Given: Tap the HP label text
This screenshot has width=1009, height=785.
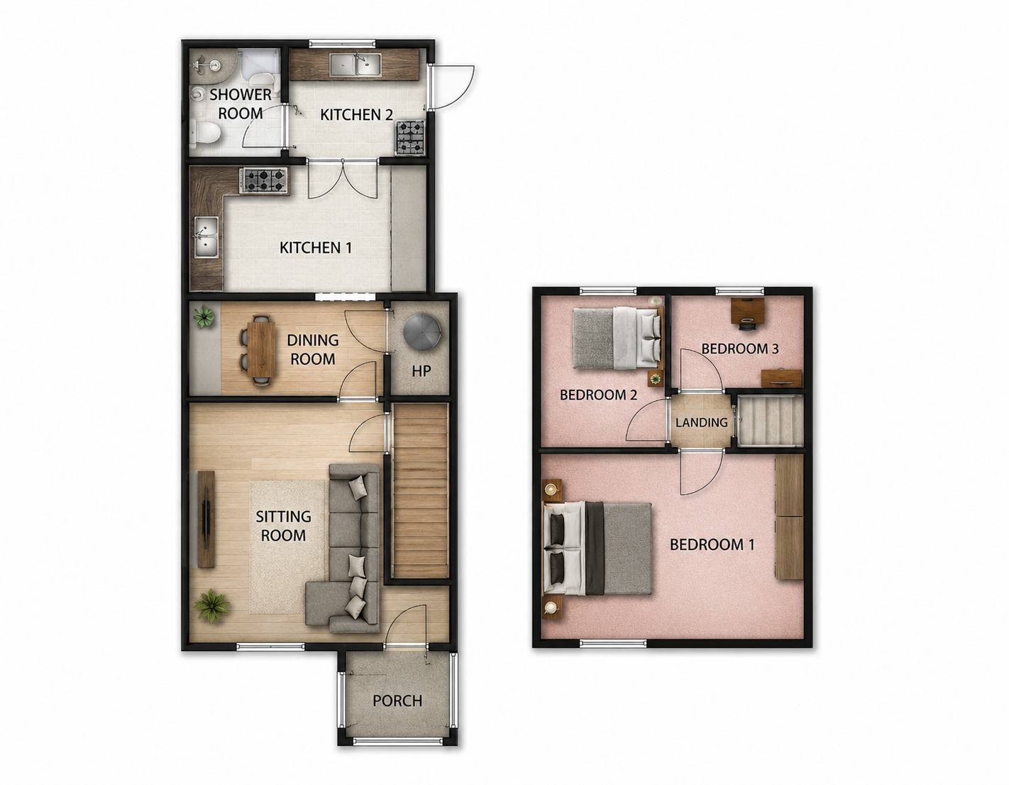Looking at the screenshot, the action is click(421, 371).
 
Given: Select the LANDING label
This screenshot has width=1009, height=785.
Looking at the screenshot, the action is click(701, 422).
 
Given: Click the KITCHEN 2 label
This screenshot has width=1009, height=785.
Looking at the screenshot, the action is click(357, 115).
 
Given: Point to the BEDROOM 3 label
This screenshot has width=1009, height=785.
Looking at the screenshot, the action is click(739, 348).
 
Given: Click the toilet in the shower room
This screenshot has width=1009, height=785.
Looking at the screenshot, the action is click(205, 131).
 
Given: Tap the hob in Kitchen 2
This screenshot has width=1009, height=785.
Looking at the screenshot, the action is click(410, 137).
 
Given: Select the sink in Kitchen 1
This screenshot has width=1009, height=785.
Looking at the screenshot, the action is click(206, 237).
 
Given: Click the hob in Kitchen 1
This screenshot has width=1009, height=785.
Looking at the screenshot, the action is click(263, 181).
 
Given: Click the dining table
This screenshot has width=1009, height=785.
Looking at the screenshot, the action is click(262, 346).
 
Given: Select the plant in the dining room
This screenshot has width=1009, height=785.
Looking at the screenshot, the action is click(204, 317).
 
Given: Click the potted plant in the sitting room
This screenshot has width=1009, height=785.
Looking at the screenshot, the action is click(211, 605).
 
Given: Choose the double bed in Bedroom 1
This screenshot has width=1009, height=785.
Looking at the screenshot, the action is click(597, 548).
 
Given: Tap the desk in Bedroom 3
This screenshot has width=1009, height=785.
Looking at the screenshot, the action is click(748, 310).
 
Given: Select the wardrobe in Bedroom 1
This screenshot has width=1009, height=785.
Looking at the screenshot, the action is click(789, 517).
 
